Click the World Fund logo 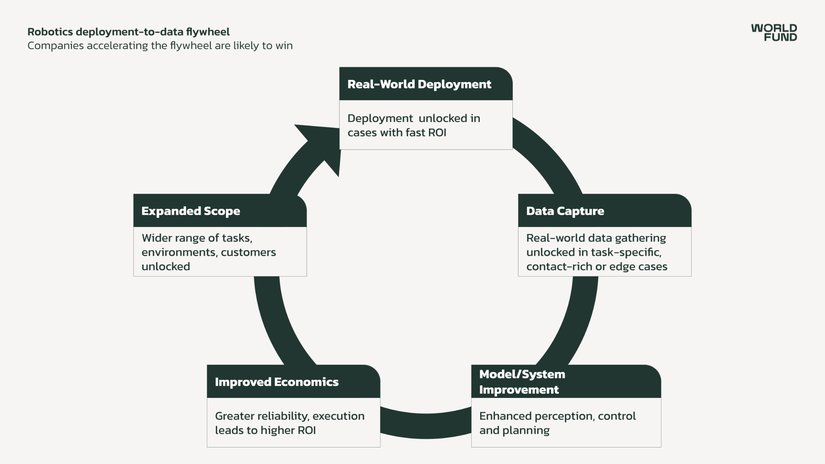(x=773, y=33)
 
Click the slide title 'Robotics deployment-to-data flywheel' (x=129, y=32)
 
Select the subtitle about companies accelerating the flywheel (x=160, y=46)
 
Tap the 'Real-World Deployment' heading (x=419, y=84)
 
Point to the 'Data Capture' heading (x=565, y=211)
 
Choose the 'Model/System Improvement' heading (x=522, y=381)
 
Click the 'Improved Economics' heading (x=276, y=382)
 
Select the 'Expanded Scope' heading (x=191, y=211)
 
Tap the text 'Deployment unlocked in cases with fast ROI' (x=413, y=125)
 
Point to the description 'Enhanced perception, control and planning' (x=557, y=423)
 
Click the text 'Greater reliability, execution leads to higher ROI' (x=289, y=423)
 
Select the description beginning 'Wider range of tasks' (x=208, y=252)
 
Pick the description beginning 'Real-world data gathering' (x=596, y=252)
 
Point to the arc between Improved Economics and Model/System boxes (x=425, y=425)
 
